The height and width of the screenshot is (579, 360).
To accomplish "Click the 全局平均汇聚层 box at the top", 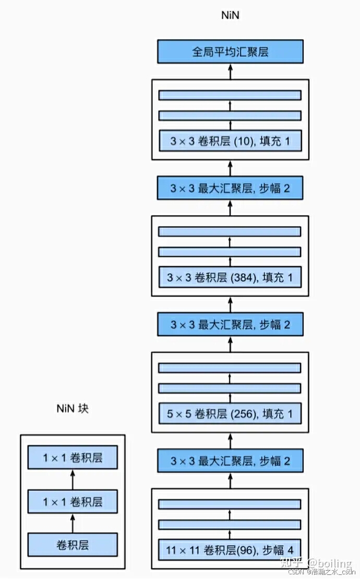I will pyautogui.click(x=230, y=52).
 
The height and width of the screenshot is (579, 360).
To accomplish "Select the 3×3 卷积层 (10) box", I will pyautogui.click(x=230, y=141).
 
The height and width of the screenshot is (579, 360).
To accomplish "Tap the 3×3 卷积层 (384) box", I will pyautogui.click(x=230, y=277).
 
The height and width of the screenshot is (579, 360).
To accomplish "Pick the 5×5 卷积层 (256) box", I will pyautogui.click(x=230, y=414).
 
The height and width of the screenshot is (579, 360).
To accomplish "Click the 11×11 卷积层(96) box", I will pyautogui.click(x=230, y=550).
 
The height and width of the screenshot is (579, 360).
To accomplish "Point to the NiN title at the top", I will pyautogui.click(x=230, y=15).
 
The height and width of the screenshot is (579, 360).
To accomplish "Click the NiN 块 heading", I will pyautogui.click(x=73, y=408).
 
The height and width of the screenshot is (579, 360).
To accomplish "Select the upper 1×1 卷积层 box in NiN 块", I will pyautogui.click(x=73, y=458).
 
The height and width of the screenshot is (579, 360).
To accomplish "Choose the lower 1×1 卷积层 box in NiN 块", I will pyautogui.click(x=73, y=502).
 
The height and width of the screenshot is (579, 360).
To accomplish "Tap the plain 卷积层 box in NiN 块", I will pyautogui.click(x=73, y=545).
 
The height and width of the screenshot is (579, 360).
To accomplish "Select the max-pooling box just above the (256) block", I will pyautogui.click(x=230, y=325).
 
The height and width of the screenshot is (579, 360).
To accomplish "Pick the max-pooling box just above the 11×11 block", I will pyautogui.click(x=230, y=461).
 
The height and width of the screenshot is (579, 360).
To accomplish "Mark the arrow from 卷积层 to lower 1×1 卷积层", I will pyautogui.click(x=73, y=523).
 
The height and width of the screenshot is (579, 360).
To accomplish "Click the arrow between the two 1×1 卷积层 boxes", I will pyautogui.click(x=73, y=480).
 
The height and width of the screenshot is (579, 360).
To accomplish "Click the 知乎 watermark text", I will pyautogui.click(x=291, y=563).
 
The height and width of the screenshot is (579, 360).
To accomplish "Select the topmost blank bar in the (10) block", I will pyautogui.click(x=230, y=95).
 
